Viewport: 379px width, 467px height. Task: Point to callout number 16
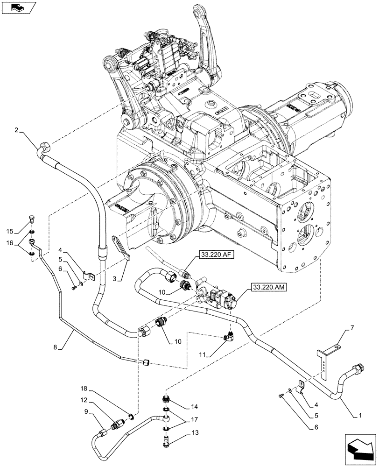coord(10,243)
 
